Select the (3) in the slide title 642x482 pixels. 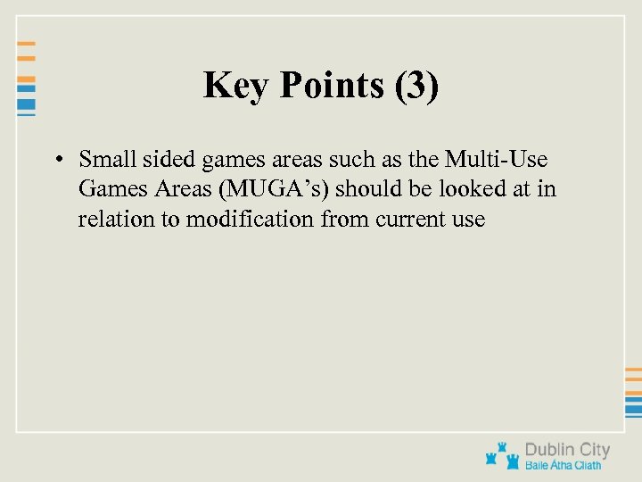tap(415, 87)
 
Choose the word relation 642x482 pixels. tap(115, 219)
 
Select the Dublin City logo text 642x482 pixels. tap(567, 450)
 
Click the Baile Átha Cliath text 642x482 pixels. tap(563, 465)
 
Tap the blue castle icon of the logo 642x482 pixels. tap(501, 455)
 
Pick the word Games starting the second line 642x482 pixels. tap(105, 189)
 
